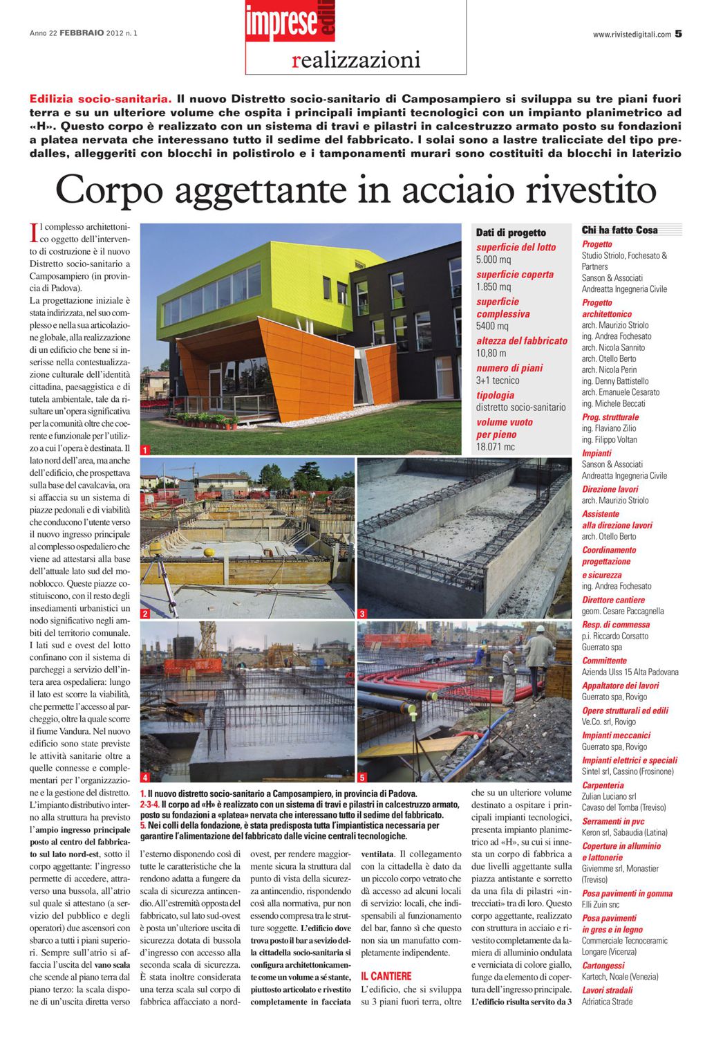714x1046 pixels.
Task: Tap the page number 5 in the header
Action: click(x=679, y=33)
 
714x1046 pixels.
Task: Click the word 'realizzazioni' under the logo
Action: click(x=356, y=61)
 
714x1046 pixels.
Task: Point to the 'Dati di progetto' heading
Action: click(x=511, y=233)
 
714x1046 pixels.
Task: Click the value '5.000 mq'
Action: click(x=494, y=259)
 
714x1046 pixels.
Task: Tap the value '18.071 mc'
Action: click(x=496, y=447)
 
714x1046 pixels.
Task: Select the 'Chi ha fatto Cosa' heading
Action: click(x=619, y=230)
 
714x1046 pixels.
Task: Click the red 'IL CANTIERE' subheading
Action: click(x=386, y=976)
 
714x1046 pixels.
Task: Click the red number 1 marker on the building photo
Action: click(x=146, y=450)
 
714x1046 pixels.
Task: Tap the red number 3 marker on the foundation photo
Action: click(x=362, y=614)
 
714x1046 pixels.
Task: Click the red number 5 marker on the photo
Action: click(x=362, y=777)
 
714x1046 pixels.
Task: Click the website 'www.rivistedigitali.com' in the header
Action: click(x=632, y=34)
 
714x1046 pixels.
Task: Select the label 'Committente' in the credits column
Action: click(x=604, y=661)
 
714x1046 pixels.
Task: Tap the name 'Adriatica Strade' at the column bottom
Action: click(x=607, y=1001)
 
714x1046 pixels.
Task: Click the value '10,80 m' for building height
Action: click(x=491, y=353)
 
